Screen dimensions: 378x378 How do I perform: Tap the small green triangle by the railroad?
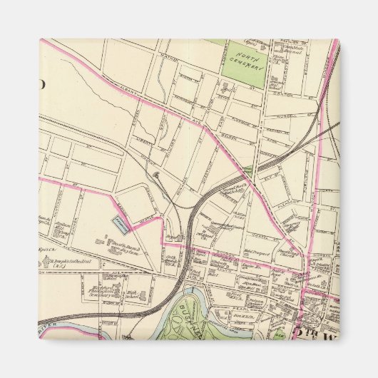point(248,169)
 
